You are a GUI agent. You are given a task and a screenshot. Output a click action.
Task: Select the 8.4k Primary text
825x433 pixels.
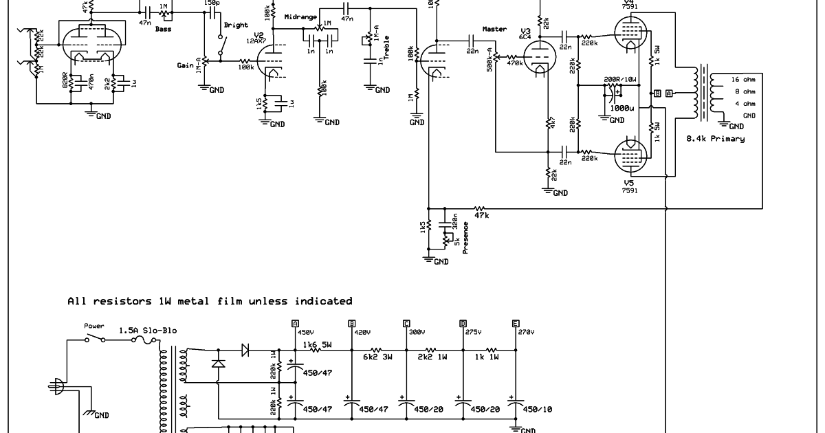click(x=715, y=139)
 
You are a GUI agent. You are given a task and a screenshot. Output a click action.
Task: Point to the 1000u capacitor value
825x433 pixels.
click(x=623, y=108)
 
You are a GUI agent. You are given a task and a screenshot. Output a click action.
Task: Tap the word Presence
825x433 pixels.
click(x=465, y=237)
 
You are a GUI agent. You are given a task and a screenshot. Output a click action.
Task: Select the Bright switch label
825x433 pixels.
click(x=236, y=25)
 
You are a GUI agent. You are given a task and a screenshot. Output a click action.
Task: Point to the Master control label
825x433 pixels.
click(x=494, y=29)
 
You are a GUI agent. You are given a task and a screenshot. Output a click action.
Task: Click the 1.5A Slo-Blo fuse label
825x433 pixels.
click(x=148, y=331)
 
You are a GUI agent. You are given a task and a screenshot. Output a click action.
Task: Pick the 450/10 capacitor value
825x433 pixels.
click(x=537, y=410)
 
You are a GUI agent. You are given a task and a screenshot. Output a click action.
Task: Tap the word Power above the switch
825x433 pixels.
click(x=93, y=326)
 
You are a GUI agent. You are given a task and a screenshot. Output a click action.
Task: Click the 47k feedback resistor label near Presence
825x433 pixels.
click(x=481, y=215)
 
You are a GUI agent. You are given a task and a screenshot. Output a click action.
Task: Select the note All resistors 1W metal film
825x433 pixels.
click(x=210, y=301)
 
